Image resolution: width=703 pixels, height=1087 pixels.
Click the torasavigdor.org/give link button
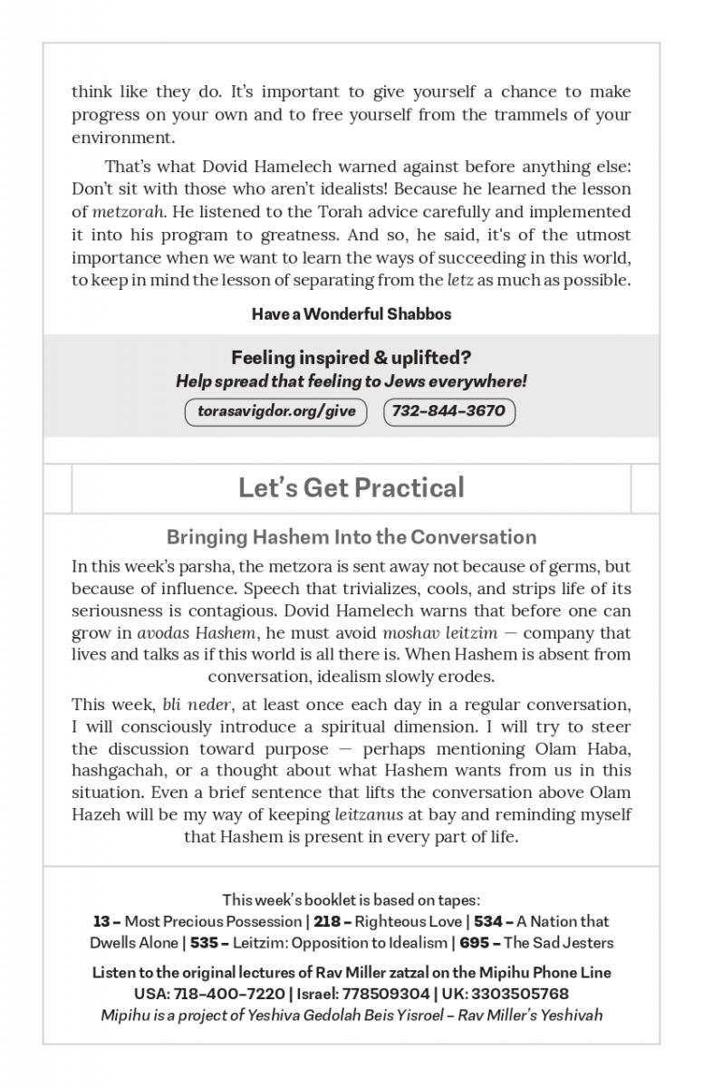click(275, 411)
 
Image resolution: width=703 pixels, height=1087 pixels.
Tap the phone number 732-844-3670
click(448, 411)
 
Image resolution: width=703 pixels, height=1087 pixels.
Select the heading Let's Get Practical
click(351, 487)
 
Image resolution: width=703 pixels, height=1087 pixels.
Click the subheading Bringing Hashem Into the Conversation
click(351, 537)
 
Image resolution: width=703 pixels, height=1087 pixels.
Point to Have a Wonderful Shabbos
click(351, 314)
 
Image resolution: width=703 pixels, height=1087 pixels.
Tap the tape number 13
click(101, 921)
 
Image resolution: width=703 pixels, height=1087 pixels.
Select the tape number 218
click(327, 921)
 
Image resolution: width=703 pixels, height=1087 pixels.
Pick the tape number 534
click(487, 921)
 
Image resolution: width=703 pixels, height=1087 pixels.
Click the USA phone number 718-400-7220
click(217, 994)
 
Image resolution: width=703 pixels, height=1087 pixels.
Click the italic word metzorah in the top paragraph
click(128, 212)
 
